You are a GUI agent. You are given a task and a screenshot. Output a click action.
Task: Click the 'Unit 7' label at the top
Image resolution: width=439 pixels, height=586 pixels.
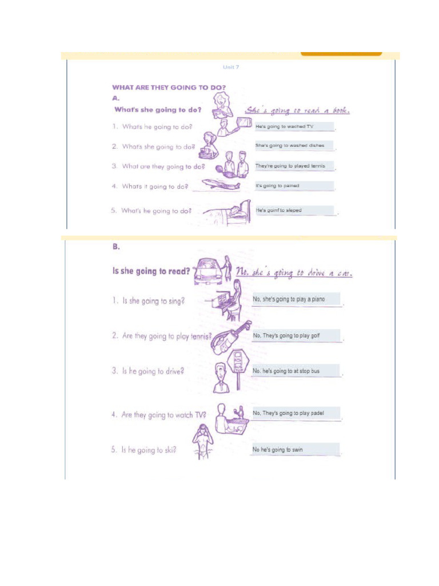click(x=231, y=67)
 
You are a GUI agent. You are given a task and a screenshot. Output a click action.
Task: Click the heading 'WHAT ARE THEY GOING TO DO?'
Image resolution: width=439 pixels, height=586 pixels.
click(x=169, y=88)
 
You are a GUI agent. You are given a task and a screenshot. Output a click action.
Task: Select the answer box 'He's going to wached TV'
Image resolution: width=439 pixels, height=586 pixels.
click(x=294, y=126)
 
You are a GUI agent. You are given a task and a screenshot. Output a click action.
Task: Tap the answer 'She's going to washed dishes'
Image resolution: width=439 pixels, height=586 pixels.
click(x=294, y=146)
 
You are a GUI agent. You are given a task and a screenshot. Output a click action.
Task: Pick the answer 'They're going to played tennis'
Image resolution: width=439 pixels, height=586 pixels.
click(x=294, y=166)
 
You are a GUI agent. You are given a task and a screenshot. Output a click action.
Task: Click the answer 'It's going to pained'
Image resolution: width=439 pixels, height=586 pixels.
click(x=294, y=186)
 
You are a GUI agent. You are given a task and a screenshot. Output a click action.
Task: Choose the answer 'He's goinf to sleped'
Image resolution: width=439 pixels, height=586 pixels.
click(x=294, y=210)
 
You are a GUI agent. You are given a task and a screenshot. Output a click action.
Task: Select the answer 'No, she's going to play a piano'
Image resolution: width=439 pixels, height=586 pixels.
click(x=296, y=299)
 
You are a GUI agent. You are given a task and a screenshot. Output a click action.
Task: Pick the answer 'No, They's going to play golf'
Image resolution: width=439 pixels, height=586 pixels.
click(x=296, y=335)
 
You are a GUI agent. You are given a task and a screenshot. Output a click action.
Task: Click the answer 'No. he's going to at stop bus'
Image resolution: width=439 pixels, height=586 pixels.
click(x=296, y=371)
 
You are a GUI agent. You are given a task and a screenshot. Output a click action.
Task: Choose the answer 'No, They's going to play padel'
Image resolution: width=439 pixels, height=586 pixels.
click(x=296, y=413)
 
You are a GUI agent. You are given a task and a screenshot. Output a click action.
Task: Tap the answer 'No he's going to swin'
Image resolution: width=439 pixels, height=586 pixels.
click(x=296, y=450)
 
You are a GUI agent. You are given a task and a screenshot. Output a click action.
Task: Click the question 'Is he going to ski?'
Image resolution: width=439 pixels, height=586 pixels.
click(x=143, y=450)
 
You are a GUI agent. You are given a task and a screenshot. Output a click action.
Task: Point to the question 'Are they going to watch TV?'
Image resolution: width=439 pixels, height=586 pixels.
click(x=159, y=415)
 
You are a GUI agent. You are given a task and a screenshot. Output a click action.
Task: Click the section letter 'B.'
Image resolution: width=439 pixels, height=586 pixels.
click(x=116, y=247)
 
